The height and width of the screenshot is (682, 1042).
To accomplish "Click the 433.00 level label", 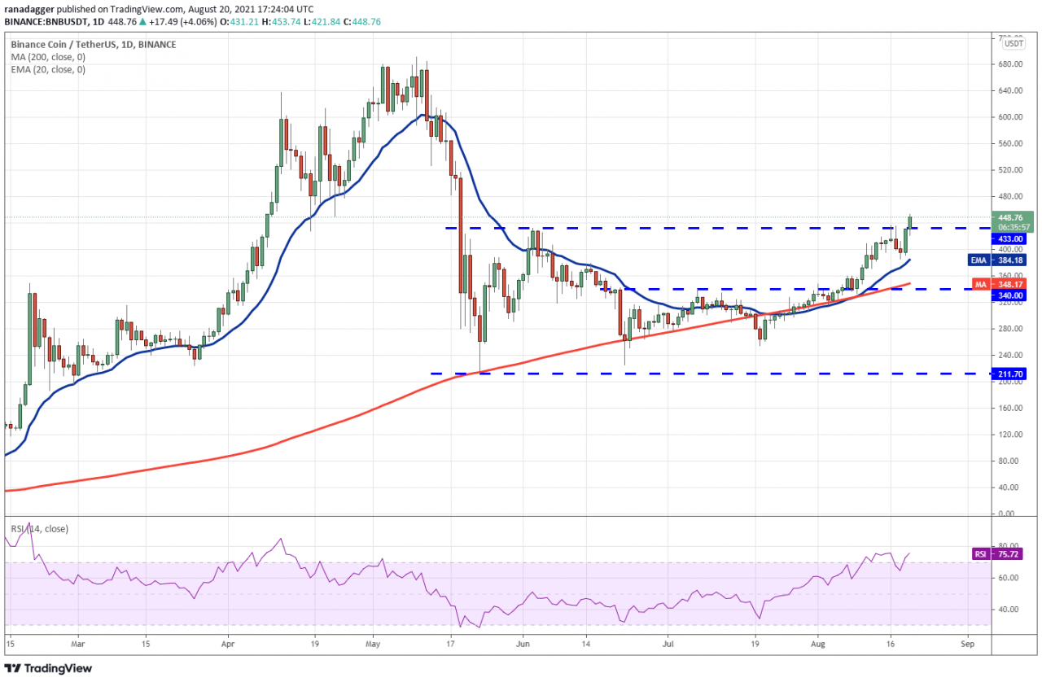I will coord(1011,239).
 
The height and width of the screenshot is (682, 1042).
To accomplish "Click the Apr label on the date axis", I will coord(228,642).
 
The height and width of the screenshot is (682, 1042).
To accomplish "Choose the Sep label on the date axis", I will coord(967,642).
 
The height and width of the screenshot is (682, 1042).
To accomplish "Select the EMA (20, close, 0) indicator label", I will coord(48,69).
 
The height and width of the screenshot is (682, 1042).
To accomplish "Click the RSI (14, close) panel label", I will coord(39,529).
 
